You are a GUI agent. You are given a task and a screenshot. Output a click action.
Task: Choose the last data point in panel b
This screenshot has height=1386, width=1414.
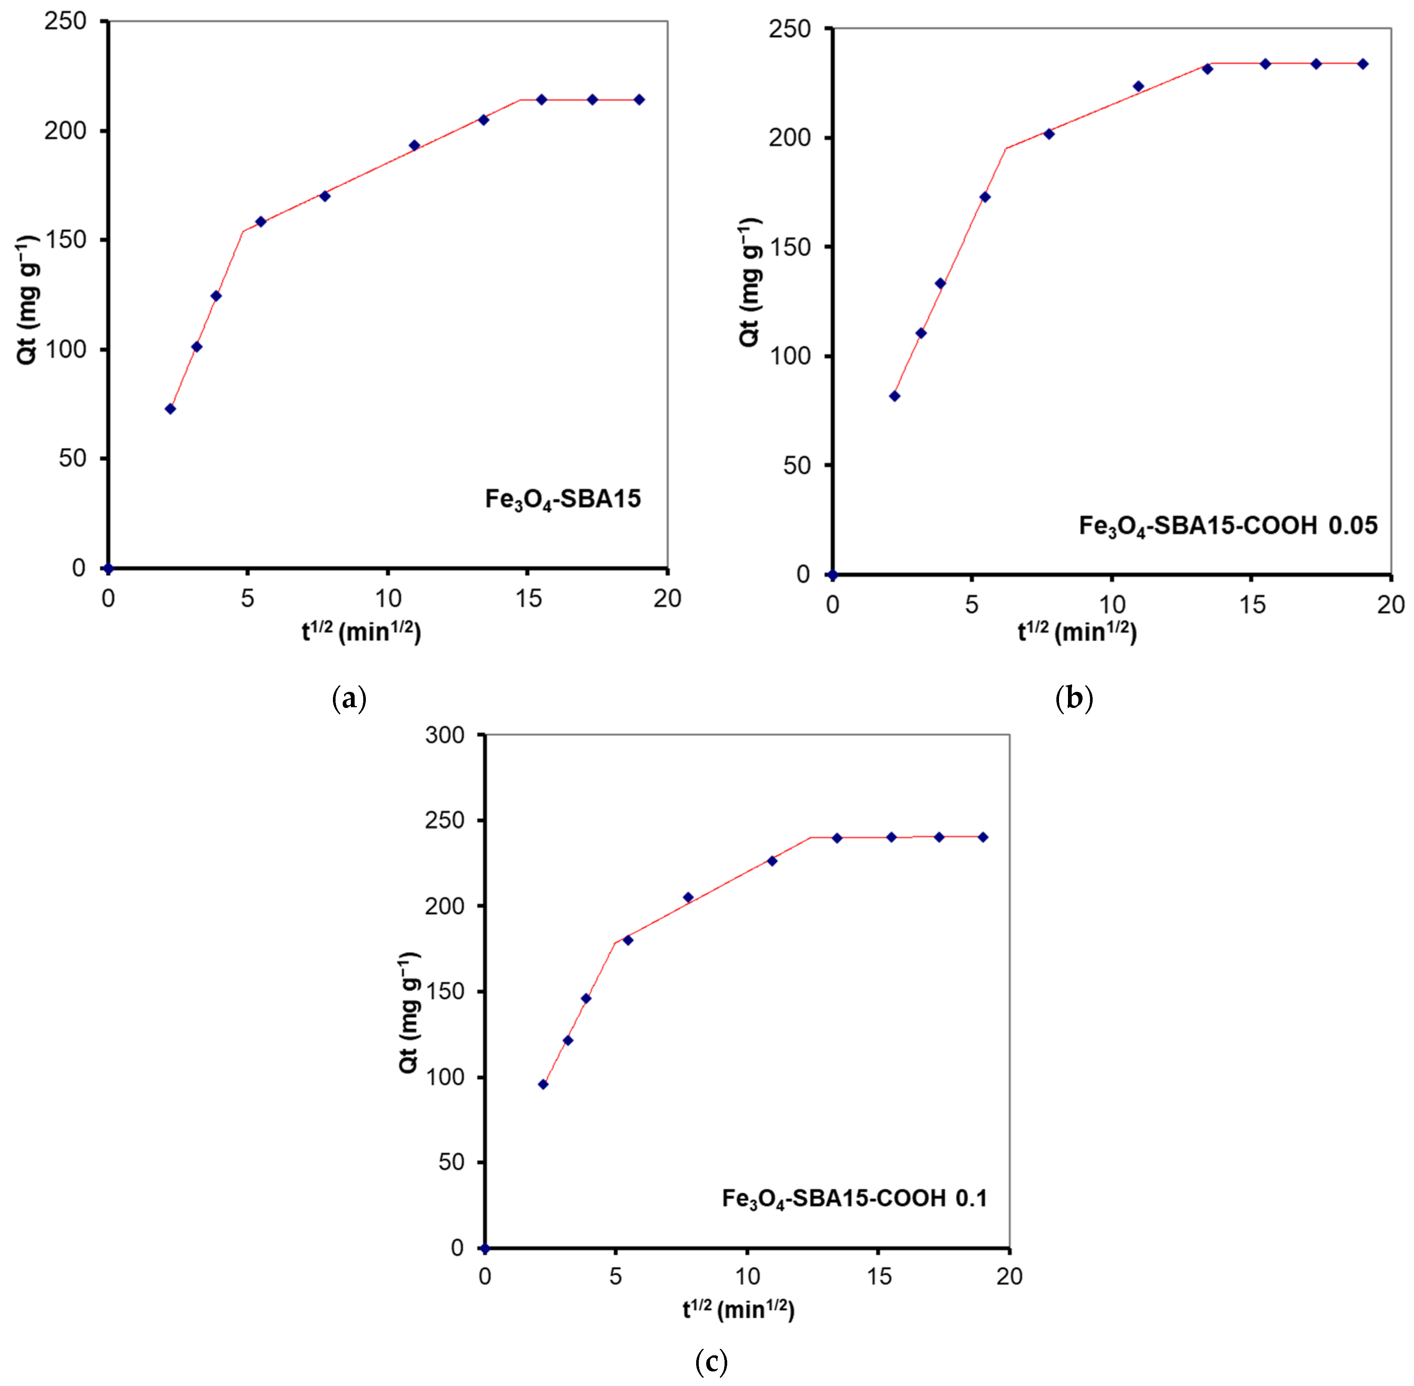(x=1362, y=64)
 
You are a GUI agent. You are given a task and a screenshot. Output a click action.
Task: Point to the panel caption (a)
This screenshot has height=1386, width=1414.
(x=349, y=699)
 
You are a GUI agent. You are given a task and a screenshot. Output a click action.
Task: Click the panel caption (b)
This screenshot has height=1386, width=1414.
(x=1074, y=699)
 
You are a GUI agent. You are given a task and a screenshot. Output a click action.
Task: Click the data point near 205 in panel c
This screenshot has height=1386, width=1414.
(x=688, y=898)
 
